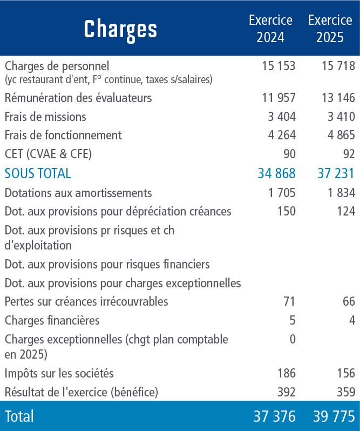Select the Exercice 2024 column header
270,29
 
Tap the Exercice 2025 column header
330,29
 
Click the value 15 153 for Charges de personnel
279,66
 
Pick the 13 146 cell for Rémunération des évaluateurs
338,98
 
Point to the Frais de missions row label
45,117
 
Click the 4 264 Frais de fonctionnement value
282,135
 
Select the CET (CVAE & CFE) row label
48,154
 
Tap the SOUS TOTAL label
38,173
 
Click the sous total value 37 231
336,173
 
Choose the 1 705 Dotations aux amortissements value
282,193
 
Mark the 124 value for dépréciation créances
347,211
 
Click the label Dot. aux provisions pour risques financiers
107,265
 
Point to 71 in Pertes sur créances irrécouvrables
289,301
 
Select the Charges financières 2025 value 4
352,320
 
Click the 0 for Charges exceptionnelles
293,339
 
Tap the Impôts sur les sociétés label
59,373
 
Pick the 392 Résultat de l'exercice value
287,392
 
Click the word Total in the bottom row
19,416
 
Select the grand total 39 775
334,416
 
